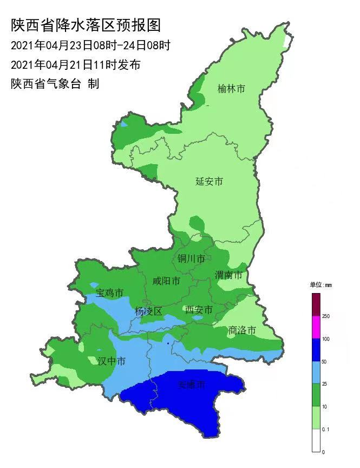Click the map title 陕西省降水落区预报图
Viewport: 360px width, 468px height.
click(86, 25)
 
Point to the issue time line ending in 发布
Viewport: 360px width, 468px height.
click(76, 65)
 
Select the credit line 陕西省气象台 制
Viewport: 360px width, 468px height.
click(55, 84)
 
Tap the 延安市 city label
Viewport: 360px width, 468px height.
click(209, 181)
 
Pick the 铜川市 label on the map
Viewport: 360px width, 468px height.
click(192, 259)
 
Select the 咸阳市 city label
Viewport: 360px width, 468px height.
click(166, 281)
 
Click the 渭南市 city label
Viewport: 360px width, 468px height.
click(228, 275)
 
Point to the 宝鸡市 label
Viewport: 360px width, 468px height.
click(110, 293)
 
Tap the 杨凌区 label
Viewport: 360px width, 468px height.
click(148, 311)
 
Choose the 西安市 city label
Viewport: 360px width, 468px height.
click(199, 310)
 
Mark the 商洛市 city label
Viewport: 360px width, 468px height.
click(242, 330)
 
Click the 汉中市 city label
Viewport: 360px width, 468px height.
click(112, 361)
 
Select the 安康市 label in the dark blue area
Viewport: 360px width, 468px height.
click(192, 385)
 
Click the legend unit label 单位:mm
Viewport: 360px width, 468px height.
click(320, 285)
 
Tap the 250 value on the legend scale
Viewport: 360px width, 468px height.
click(326, 316)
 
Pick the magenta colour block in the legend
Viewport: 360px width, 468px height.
click(316, 327)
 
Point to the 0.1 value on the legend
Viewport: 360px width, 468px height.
click(326, 428)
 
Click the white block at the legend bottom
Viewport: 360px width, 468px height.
click(316, 440)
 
